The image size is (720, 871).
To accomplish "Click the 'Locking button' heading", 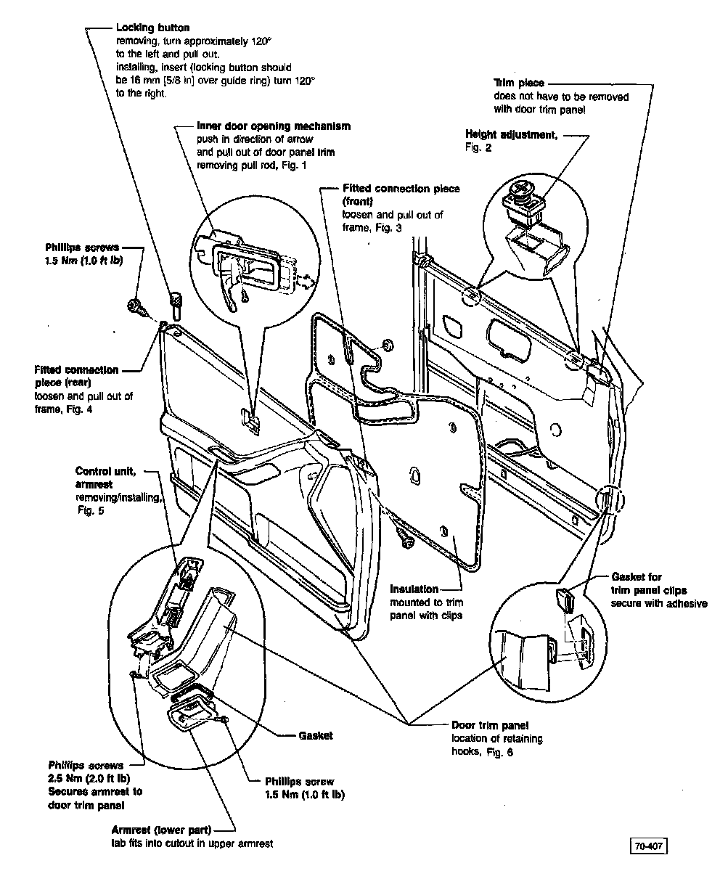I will click(152, 28).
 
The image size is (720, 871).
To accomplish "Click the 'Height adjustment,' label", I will click(511, 135).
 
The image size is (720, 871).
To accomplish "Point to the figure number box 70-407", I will click(648, 846).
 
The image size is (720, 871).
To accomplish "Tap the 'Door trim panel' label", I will click(490, 725).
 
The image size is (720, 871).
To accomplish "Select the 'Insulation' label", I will click(414, 589).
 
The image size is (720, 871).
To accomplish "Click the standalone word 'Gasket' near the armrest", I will click(316, 735).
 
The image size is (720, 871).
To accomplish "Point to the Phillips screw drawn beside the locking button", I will click(136, 307).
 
